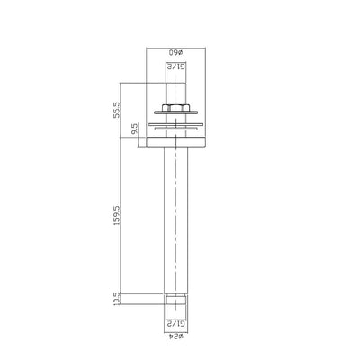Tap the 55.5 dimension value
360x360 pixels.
[131, 109]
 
